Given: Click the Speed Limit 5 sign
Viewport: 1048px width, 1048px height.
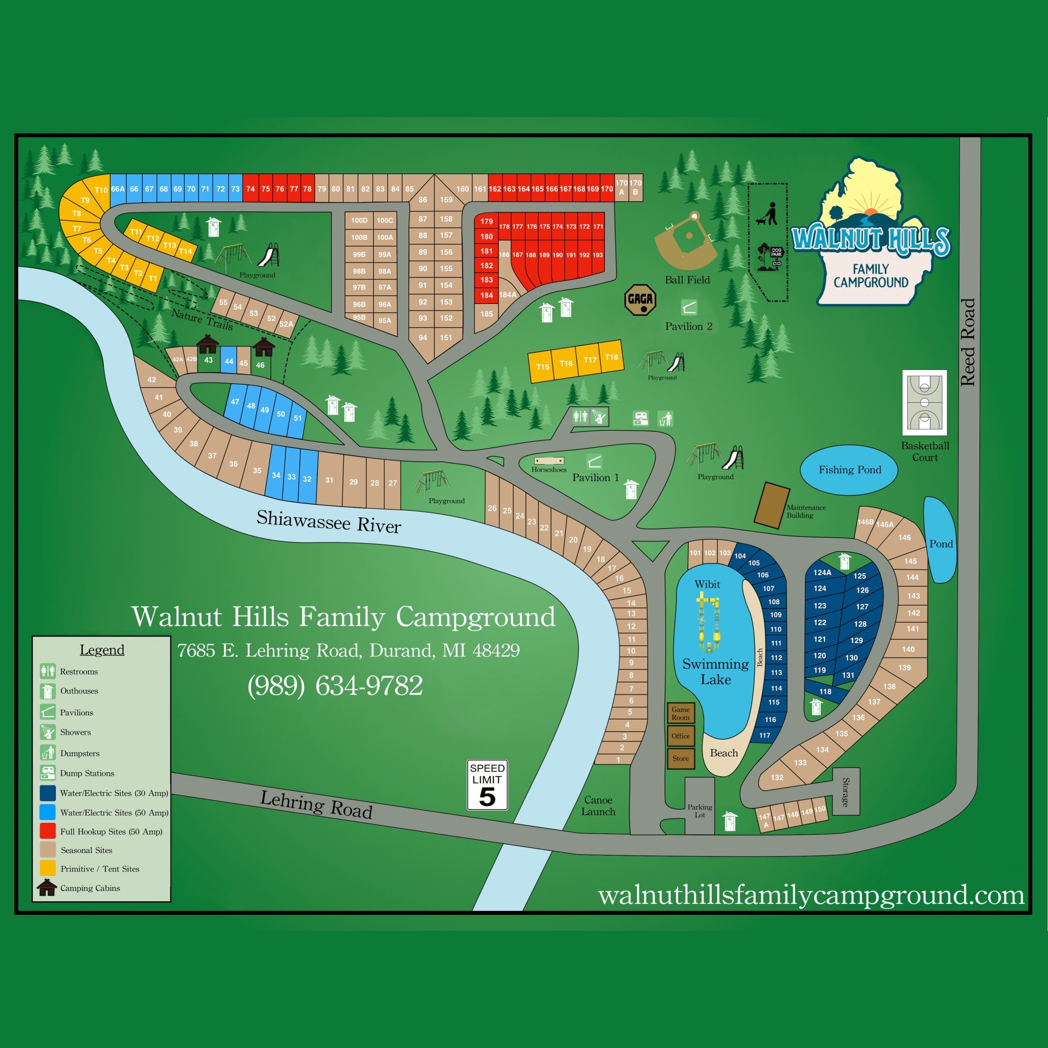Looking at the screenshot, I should click(487, 784).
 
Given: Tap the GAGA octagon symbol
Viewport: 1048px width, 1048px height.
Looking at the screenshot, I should click(640, 300).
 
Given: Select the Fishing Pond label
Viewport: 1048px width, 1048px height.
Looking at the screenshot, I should click(849, 470).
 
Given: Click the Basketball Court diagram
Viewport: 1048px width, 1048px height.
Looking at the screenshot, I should click(924, 403).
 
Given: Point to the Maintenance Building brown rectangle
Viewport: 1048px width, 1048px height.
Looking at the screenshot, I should click(771, 505).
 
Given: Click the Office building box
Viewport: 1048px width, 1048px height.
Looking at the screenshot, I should click(680, 736).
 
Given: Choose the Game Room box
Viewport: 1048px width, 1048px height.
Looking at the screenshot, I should click(680, 713).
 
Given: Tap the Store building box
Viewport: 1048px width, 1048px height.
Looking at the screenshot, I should click(680, 758).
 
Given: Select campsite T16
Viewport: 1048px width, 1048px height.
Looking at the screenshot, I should click(566, 363).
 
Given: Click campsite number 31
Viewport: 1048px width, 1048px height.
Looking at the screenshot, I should click(329, 480).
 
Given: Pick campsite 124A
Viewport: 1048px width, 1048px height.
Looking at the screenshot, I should click(822, 572).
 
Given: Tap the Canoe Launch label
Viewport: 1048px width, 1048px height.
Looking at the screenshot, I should click(598, 805).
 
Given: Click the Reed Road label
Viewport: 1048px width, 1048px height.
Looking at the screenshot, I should click(968, 342).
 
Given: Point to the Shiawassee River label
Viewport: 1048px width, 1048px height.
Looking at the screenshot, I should click(329, 521).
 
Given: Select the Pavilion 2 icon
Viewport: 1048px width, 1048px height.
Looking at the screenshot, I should click(689, 308).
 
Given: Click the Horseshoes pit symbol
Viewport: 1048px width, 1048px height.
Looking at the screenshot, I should click(549, 461).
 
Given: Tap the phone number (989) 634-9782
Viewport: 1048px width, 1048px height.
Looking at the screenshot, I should click(335, 685).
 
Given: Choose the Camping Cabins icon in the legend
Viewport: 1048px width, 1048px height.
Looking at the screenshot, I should click(47, 888).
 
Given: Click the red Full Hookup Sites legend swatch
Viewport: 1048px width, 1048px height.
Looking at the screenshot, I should click(48, 831).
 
